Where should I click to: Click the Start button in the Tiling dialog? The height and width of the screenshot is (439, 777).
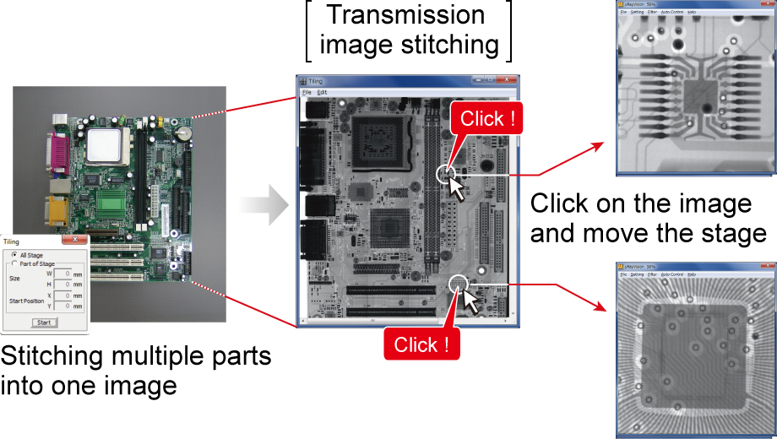(x=44, y=322)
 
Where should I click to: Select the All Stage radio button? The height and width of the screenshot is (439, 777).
(x=14, y=255)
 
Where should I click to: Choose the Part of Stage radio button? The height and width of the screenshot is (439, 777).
(x=14, y=263)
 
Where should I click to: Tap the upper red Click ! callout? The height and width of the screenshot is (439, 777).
(x=488, y=119)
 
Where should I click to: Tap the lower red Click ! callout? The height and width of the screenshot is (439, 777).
(x=422, y=344)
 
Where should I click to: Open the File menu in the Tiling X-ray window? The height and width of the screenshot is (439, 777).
(x=307, y=91)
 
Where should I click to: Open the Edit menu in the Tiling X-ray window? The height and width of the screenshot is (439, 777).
(x=322, y=91)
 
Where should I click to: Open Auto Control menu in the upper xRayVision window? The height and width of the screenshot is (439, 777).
(x=672, y=12)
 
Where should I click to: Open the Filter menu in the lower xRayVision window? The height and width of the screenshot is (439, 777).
(x=652, y=274)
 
